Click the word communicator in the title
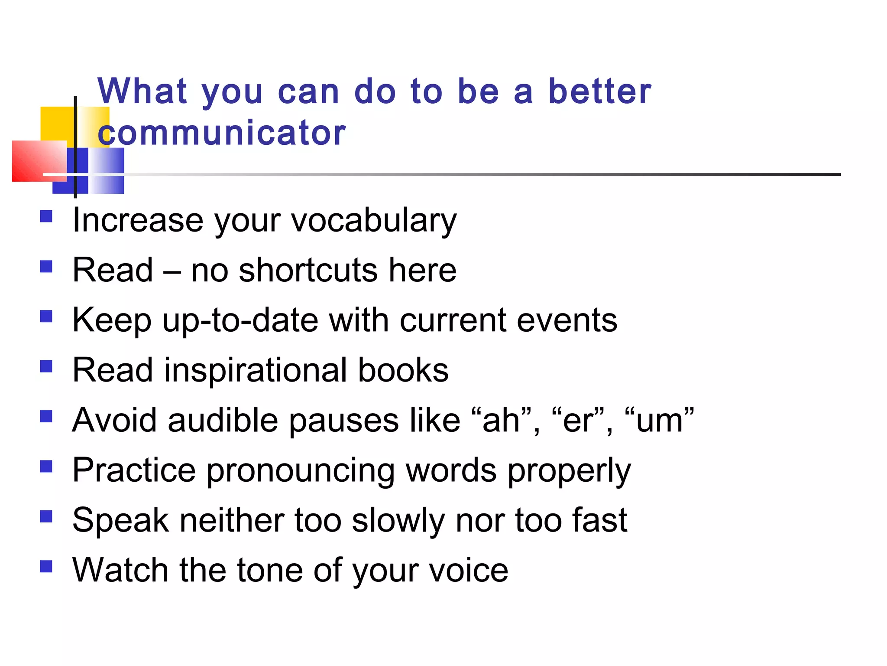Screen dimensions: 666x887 pyautogui.click(x=222, y=133)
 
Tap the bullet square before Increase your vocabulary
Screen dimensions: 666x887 pyautogui.click(x=46, y=216)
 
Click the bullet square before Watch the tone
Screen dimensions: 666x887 pyautogui.click(x=46, y=566)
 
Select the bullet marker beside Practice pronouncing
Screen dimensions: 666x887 pyautogui.click(x=46, y=466)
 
